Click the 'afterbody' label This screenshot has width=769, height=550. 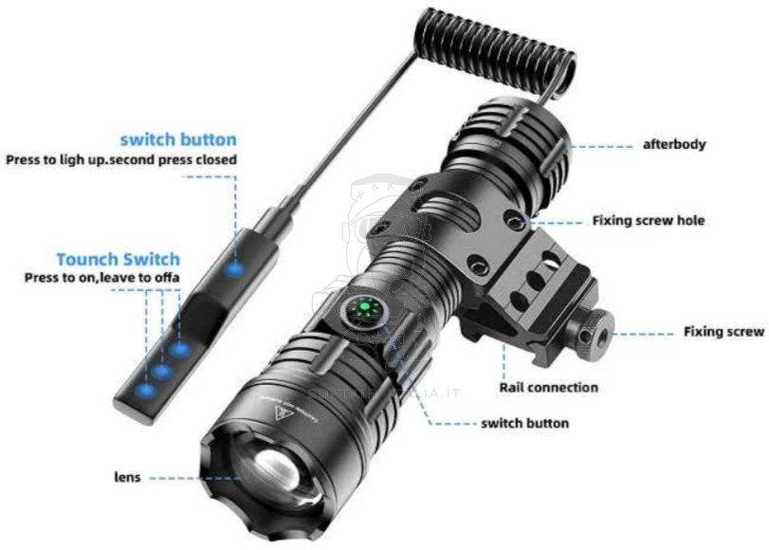point(674,145)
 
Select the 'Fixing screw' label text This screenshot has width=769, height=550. point(723,332)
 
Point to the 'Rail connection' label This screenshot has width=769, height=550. point(549,387)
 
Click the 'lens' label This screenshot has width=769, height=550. point(128,477)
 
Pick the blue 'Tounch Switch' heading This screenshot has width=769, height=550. point(118,259)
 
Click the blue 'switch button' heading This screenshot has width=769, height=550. point(178,140)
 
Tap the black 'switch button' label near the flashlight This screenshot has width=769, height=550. point(525,423)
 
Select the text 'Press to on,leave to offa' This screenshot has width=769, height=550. point(101,278)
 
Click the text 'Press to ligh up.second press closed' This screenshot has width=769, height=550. point(121,159)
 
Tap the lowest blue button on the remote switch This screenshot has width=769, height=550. point(144,389)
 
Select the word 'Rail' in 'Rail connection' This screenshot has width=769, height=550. point(514,387)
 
